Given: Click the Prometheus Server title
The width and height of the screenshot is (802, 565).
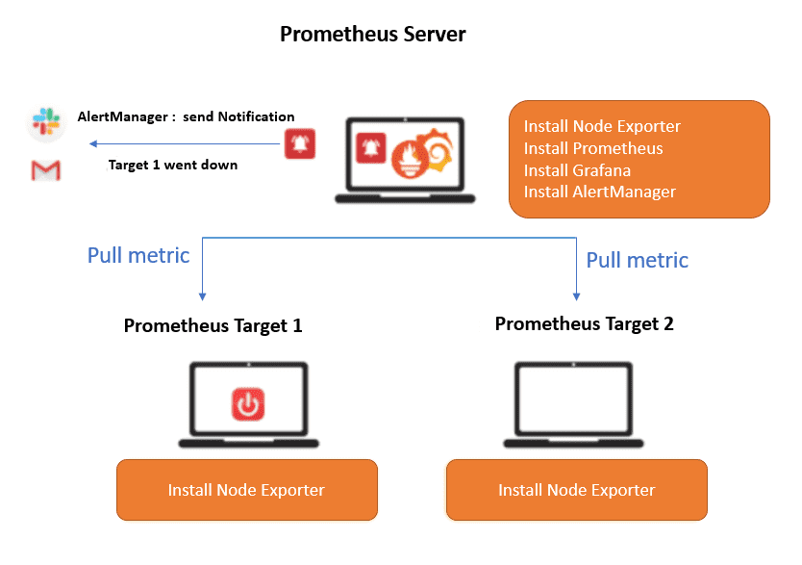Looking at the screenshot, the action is click(x=372, y=35).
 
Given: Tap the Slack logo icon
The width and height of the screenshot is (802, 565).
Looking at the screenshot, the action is click(x=46, y=121).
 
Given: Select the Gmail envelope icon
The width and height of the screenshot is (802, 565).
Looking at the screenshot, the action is click(x=45, y=170).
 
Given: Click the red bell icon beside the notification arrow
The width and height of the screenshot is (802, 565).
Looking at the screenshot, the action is click(x=300, y=143).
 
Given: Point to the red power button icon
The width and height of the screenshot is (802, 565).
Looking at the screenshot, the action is click(x=248, y=404).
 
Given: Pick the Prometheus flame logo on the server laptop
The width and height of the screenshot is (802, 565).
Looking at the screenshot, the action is click(x=410, y=159).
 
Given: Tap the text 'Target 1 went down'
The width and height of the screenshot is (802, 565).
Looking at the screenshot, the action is click(x=173, y=165).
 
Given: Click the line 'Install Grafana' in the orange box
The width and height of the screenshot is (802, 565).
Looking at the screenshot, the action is click(x=577, y=170).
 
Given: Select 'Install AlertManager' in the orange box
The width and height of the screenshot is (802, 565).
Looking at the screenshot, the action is click(x=599, y=192).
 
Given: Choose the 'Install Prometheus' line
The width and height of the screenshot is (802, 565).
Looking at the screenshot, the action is click(x=592, y=148).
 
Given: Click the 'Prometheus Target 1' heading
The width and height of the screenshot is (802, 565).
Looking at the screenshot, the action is click(x=213, y=325).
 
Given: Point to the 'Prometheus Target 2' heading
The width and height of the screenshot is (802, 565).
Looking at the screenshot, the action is click(x=584, y=323).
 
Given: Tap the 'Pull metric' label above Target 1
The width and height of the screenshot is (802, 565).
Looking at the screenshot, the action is click(x=138, y=255).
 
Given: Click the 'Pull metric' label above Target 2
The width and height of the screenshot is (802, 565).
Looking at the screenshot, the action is click(x=637, y=260).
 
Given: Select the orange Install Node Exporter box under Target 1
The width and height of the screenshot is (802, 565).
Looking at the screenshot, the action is click(x=247, y=490).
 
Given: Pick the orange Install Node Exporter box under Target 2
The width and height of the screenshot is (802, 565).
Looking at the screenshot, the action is click(x=577, y=490).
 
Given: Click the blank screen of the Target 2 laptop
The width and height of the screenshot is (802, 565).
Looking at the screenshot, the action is click(x=573, y=399).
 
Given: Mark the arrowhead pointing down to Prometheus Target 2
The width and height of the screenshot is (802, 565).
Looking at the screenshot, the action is click(x=576, y=296).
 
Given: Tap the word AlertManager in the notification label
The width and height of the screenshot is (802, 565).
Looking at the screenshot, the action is click(x=123, y=116).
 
